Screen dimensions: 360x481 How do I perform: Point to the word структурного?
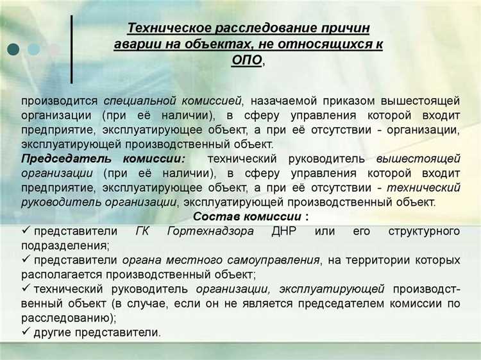point(424,231)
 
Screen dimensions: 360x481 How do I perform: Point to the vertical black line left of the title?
point(72,48)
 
